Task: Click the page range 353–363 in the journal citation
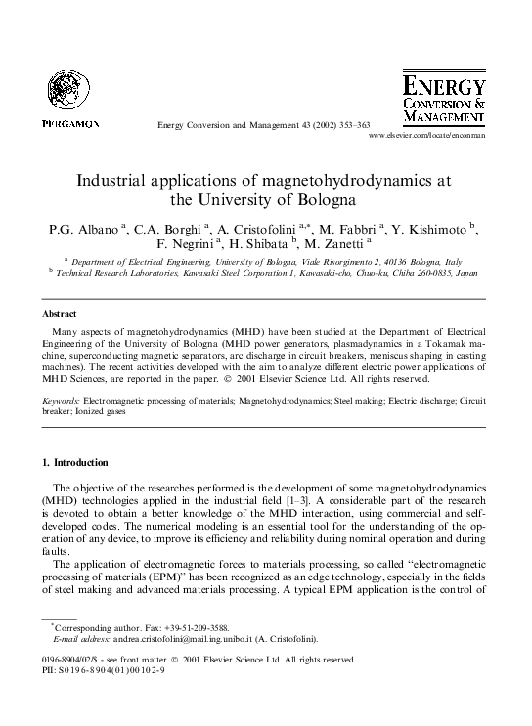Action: coord(349,124)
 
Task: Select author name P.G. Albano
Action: coord(81,230)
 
